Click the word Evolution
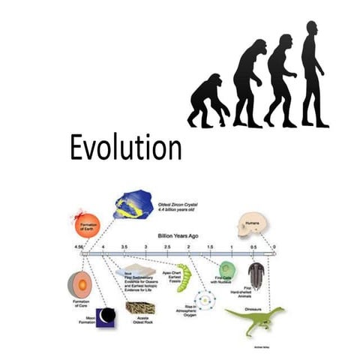click(125, 147)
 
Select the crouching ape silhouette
click(209, 100)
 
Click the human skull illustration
click(250, 224)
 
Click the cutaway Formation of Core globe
click(79, 284)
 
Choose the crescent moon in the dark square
click(106, 316)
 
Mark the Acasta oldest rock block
click(140, 307)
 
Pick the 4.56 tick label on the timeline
click(79, 247)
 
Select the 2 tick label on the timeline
click(188, 247)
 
